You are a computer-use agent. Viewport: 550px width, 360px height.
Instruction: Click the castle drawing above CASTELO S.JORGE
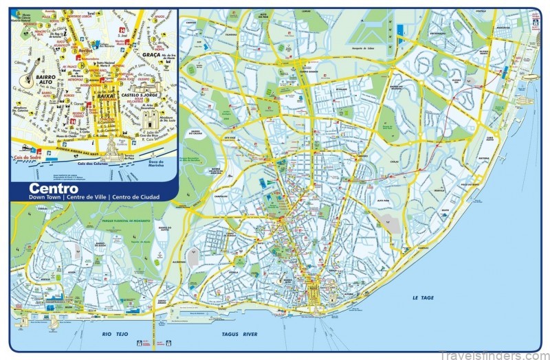click(147, 86)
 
